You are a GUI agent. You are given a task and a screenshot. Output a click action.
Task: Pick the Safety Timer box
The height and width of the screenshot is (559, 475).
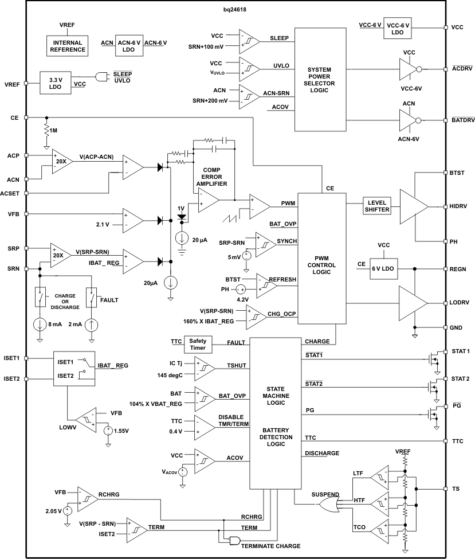tap(198, 344)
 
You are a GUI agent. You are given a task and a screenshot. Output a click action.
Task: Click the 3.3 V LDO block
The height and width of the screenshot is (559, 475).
tap(55, 83)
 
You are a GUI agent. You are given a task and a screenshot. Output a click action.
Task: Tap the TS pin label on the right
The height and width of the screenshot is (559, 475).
tap(456, 489)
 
